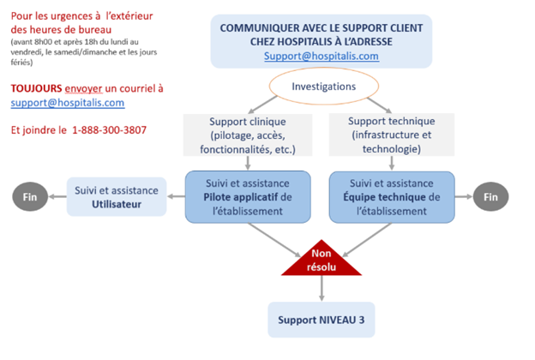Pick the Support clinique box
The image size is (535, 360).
(x=247, y=135)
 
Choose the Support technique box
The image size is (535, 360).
(x=394, y=135)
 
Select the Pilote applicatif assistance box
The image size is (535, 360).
(x=248, y=195)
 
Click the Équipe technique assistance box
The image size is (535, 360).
(x=394, y=195)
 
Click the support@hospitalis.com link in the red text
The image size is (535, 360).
(x=68, y=103)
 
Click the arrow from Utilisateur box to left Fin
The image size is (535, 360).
(x=58, y=196)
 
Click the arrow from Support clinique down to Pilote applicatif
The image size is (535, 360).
(x=248, y=164)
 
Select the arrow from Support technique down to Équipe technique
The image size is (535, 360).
(x=394, y=164)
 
